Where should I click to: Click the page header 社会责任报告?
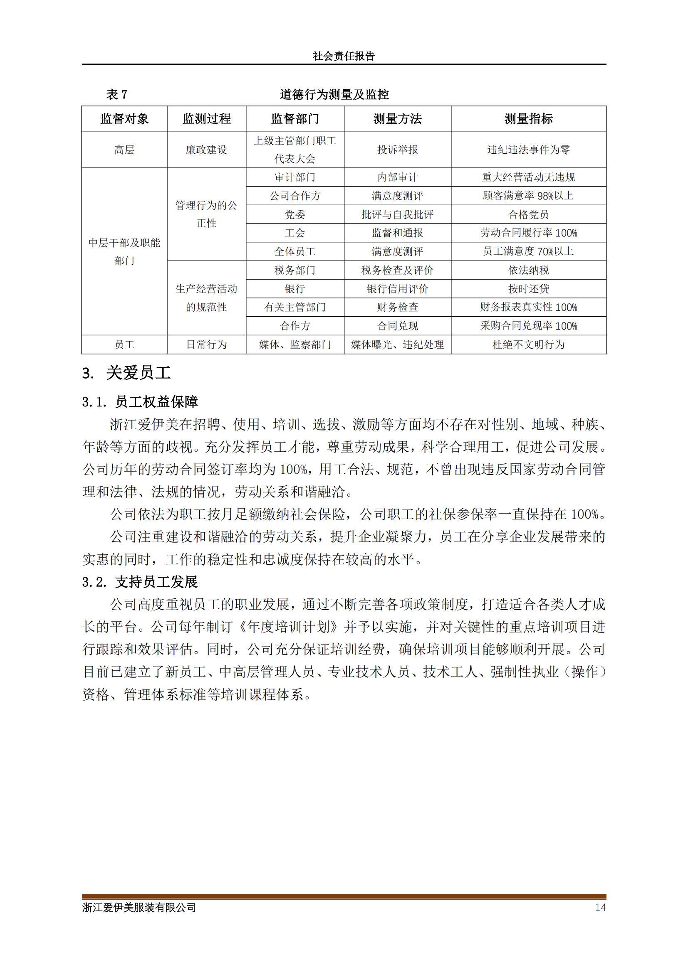[x=344, y=56]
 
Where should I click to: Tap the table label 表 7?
[x=116, y=94]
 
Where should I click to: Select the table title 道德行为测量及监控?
[x=334, y=94]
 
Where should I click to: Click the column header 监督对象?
[x=124, y=119]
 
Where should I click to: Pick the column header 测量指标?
[x=528, y=119]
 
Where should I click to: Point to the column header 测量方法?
[x=397, y=119]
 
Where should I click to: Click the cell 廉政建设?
[x=206, y=150]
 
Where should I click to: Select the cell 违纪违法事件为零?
[x=528, y=150]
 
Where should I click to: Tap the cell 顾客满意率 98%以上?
[x=528, y=196]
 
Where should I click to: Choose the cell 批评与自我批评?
[x=397, y=214]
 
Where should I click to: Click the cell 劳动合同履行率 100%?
[x=528, y=233]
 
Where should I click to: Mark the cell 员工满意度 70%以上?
[x=528, y=251]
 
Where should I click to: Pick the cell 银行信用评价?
[x=397, y=289]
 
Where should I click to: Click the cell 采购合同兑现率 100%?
[x=528, y=326]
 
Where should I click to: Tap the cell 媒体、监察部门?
[x=295, y=345]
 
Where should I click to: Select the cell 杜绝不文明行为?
[x=528, y=345]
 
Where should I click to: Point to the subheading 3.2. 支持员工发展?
[x=140, y=582]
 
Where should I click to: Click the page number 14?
[x=600, y=907]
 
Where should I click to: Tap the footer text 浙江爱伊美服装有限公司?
[x=139, y=907]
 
